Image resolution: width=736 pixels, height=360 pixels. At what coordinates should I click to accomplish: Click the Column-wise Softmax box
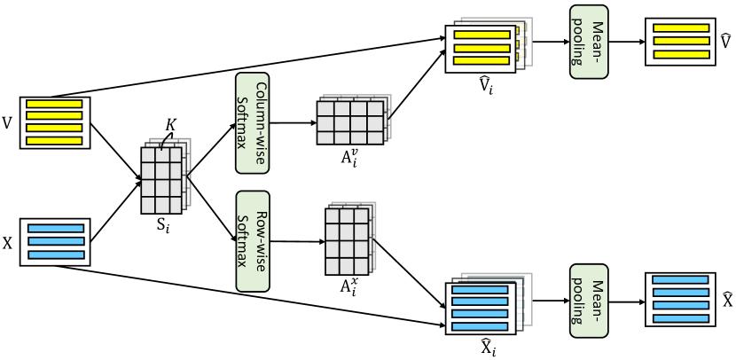tap(252, 123)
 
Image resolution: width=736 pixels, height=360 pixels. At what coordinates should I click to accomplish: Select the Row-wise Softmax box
tap(253, 241)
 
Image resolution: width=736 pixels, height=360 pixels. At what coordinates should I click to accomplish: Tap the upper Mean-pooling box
tap(589, 42)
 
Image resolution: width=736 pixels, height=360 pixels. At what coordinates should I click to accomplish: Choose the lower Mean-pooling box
tap(589, 301)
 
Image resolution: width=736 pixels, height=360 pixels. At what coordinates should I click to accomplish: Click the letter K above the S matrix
tap(170, 125)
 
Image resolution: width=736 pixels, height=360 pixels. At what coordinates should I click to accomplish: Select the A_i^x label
tap(348, 285)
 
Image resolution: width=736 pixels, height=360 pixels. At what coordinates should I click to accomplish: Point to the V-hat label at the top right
tap(725, 42)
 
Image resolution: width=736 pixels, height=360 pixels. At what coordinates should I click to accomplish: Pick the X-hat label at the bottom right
tap(727, 300)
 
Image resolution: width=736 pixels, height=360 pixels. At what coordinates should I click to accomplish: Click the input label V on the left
tap(7, 123)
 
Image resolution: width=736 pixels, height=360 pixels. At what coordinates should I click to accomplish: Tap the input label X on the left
tap(7, 244)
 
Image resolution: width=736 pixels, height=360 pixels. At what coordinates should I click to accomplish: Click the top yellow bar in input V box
tap(54, 104)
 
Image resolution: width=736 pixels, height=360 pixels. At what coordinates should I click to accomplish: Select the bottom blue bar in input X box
tap(56, 254)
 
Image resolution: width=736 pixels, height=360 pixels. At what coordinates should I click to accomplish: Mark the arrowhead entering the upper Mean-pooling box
tap(567, 42)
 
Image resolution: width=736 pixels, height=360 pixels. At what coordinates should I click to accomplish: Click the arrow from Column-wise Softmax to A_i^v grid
tap(293, 123)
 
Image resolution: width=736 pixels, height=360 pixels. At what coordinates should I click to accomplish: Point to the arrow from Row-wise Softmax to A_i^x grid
tap(298, 242)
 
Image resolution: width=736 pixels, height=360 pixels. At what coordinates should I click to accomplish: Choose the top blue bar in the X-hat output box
tap(680, 279)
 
